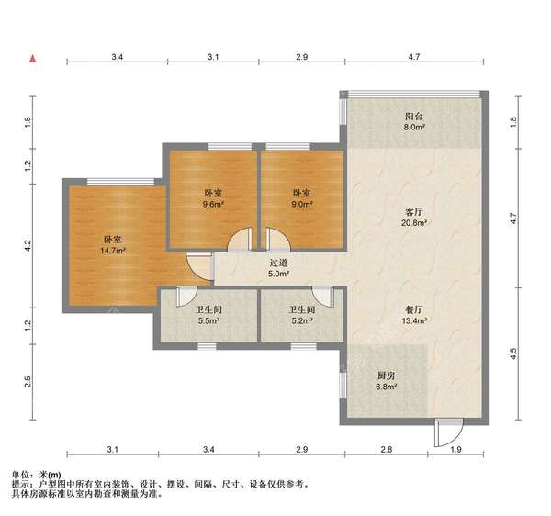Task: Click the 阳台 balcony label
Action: [415, 118]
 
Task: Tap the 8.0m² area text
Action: [415, 129]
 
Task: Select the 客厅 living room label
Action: [414, 211]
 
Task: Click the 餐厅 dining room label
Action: [414, 309]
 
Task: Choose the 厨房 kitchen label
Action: [387, 376]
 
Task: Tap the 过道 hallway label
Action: [278, 262]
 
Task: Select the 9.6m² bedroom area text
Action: [212, 204]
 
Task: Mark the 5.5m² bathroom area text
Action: [209, 321]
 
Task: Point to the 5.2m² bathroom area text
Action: [302, 321]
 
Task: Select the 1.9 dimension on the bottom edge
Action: [455, 450]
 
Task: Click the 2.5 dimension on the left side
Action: [28, 381]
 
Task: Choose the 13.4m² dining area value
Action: [414, 321]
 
